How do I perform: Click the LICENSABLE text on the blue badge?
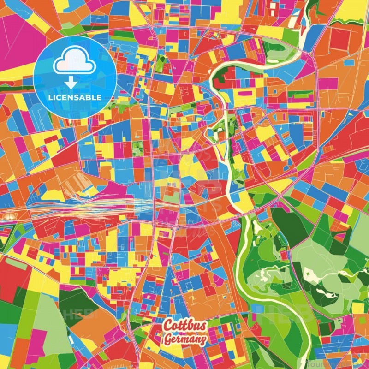pos(75,97)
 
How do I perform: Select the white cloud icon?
pos(75,65)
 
